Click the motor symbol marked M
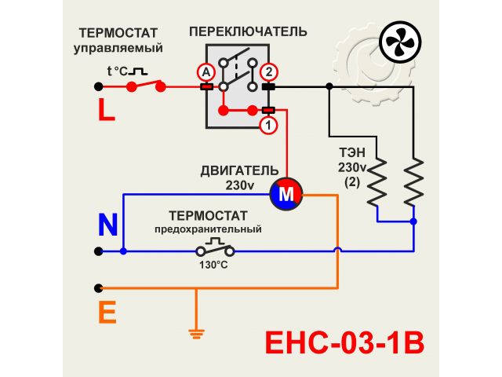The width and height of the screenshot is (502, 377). pos(286,193)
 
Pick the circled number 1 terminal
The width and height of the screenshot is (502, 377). pos(267,124)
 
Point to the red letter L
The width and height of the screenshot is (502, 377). pos(107,110)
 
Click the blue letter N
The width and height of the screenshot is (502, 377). pos(107,225)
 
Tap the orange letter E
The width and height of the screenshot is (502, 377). pos(107,313)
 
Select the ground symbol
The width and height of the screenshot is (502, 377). pos(195,333)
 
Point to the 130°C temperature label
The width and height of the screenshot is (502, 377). pos(213,265)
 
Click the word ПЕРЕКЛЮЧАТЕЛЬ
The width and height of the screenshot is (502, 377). pos(248,31)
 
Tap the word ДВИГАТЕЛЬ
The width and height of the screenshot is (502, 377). pos(239,170)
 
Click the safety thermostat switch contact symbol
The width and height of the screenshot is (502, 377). pos(215,250)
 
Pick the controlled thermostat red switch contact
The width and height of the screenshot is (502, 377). pos(147,85)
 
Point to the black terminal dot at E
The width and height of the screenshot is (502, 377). pos(98,288)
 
